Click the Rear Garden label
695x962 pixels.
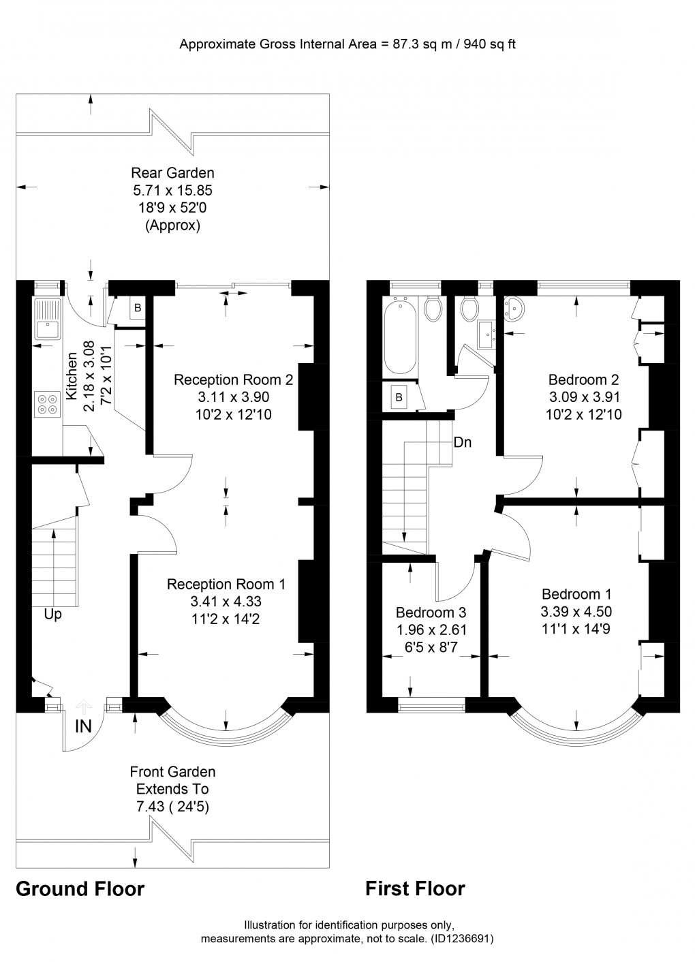pos(172,173)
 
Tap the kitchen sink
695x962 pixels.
pos(48,318)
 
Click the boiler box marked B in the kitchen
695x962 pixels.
pos(138,307)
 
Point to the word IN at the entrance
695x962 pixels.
pos(83,726)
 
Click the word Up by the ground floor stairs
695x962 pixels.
pos(53,615)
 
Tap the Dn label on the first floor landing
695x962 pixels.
pos(463,442)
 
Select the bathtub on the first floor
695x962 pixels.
pos(400,337)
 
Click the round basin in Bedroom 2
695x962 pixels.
pos(514,309)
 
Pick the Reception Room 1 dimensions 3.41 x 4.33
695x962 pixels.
pos(226,601)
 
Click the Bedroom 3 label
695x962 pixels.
pos(431,612)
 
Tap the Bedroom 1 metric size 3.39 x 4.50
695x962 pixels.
pos(576,612)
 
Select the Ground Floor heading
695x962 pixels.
pos(80,889)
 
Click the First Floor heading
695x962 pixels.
pos(415,888)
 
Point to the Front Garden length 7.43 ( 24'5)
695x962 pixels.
pos(172,807)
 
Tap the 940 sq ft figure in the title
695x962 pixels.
pos(492,44)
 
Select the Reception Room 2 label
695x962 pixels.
pos(233,379)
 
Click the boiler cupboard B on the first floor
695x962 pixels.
pos(399,398)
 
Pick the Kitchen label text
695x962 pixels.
pos(72,376)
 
